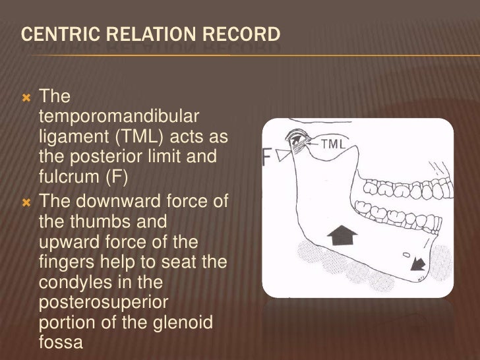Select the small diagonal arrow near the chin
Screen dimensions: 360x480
[x=418, y=264]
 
